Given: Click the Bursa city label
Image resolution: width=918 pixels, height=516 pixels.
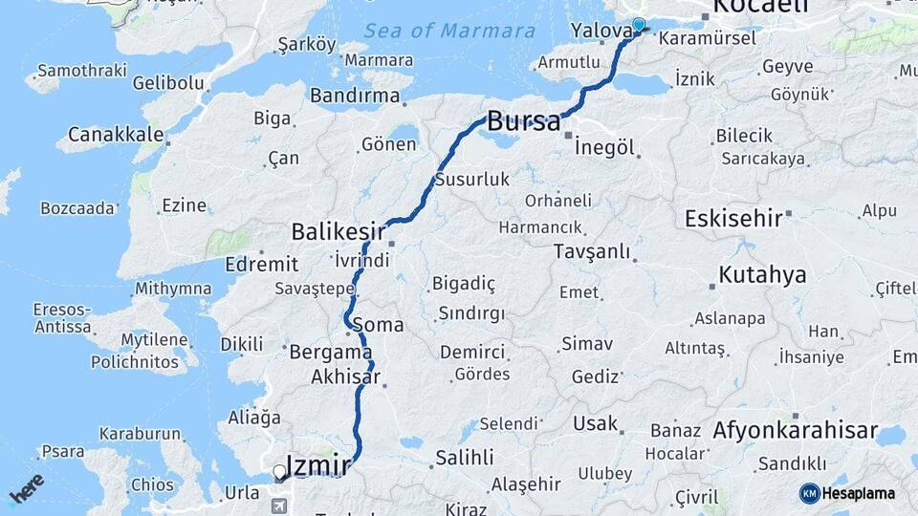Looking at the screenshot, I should coord(523,121).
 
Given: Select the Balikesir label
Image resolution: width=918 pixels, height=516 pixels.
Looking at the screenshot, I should coord(339,231).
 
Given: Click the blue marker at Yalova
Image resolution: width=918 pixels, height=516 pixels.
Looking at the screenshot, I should coord(639,25).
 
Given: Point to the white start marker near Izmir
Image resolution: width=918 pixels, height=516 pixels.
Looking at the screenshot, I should coord(279,471).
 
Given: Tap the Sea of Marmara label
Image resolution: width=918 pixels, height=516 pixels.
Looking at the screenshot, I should coord(448,32).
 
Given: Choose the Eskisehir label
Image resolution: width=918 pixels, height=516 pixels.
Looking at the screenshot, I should coord(733,218).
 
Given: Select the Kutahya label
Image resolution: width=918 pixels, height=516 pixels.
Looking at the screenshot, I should coord(762,275).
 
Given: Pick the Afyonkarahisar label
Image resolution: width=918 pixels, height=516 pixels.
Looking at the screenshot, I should coord(795,431).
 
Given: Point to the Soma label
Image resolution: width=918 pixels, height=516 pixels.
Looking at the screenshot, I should coord(378,325).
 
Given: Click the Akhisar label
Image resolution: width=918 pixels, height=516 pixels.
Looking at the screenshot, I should coord(346,377).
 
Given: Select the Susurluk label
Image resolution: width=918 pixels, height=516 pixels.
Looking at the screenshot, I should coord(472,180).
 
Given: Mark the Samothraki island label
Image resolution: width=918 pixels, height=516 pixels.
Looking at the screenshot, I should coord(75,72).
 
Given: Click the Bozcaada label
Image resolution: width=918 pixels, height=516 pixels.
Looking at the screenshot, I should coord(78,207).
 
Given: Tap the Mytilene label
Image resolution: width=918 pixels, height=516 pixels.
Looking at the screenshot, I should coord(154,340).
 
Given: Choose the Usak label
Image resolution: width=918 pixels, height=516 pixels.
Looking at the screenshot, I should coord(596,422).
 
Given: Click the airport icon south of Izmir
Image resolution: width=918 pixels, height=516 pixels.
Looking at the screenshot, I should coord(279,505).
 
